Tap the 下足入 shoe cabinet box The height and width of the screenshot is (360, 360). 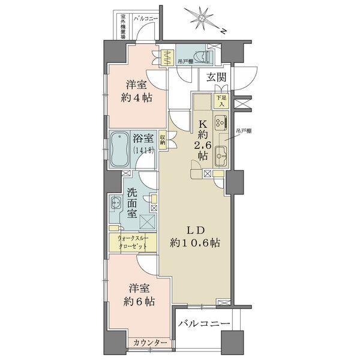[221, 100]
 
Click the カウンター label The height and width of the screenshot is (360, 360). [150, 342]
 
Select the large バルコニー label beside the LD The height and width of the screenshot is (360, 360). [204, 324]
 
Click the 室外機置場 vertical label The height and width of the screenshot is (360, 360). [122, 27]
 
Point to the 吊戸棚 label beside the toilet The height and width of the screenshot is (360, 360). [184, 61]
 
